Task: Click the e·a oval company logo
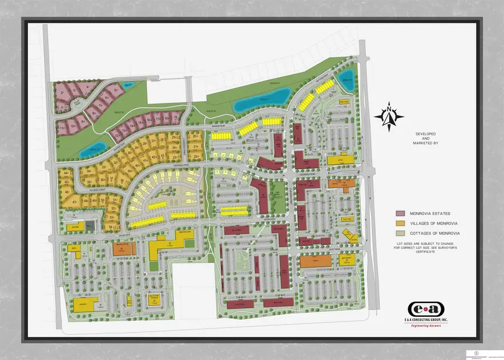[426, 309]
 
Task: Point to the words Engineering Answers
[426, 325]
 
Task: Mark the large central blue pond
[262, 101]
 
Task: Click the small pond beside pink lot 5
[127, 86]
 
